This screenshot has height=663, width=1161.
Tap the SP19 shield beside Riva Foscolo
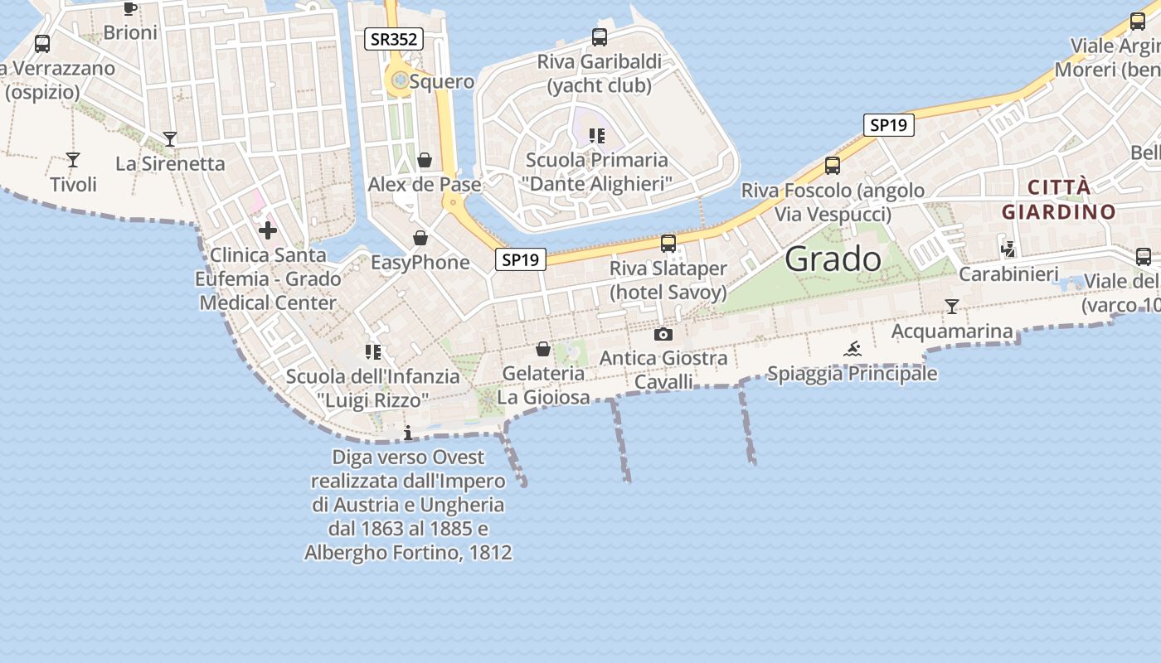click(887, 125)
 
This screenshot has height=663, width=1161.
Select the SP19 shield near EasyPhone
click(521, 259)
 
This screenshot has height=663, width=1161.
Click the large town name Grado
click(833, 259)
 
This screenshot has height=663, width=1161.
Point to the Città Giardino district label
click(1058, 199)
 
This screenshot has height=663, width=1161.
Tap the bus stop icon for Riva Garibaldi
click(600, 36)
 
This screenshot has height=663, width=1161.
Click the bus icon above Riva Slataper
click(668, 244)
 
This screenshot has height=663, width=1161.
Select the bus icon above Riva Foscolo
click(833, 166)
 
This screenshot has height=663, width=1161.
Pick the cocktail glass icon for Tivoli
click(73, 160)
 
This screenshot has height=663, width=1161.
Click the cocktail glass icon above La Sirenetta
click(170, 139)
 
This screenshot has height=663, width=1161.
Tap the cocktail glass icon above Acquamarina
click(952, 307)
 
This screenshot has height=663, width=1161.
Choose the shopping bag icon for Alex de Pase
click(425, 159)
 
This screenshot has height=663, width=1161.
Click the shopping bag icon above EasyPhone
click(420, 238)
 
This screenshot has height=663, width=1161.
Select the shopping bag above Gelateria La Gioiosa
click(543, 349)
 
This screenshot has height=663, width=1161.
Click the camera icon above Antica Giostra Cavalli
click(663, 334)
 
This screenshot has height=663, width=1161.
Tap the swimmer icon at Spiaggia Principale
click(853, 349)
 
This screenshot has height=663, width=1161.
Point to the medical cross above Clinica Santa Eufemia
click(268, 230)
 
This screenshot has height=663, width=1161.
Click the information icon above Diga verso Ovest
click(407, 433)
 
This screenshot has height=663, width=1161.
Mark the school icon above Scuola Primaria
click(596, 136)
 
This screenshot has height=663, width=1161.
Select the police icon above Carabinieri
click(1008, 248)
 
